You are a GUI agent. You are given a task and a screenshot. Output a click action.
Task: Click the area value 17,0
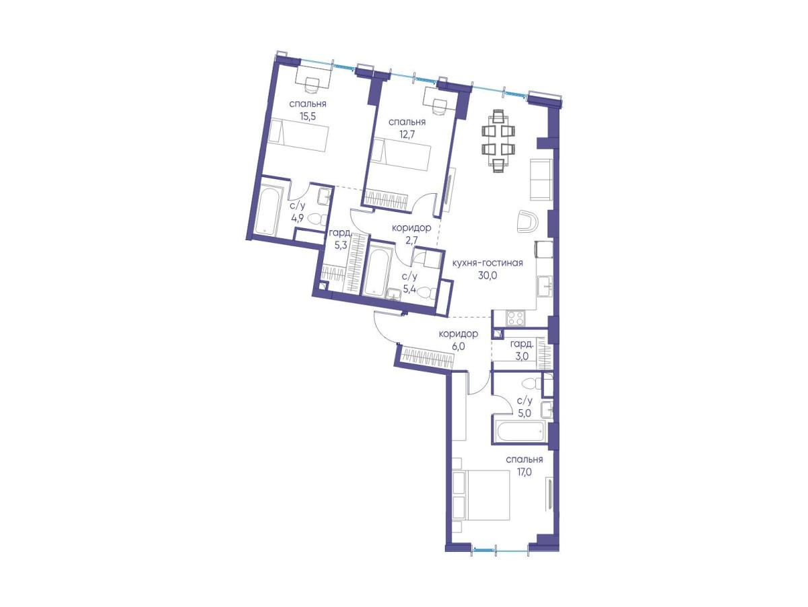(524, 472)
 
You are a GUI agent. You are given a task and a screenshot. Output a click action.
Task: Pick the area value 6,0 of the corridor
(459, 347)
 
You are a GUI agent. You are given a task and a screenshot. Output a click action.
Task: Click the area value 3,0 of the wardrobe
(522, 356)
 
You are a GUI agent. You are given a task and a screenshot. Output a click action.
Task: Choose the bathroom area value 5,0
(524, 413)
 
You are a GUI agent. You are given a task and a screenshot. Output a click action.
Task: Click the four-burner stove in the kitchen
(515, 318)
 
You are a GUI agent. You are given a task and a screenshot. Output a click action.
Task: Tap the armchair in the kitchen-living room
(527, 221)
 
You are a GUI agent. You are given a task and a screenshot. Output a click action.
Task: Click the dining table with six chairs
(498, 140)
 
